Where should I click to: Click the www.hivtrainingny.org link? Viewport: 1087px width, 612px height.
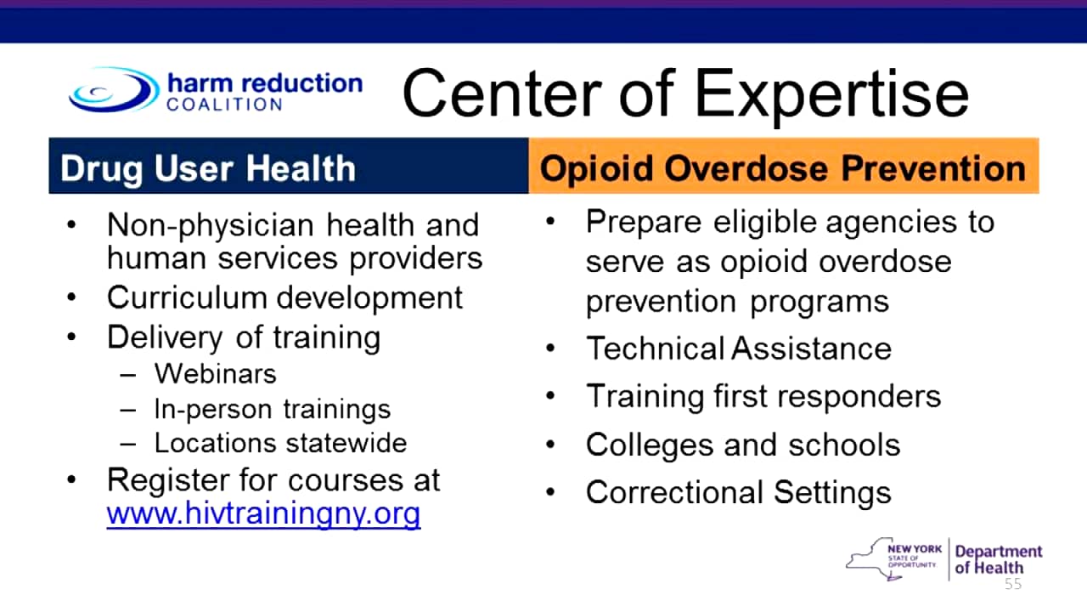[x=263, y=514]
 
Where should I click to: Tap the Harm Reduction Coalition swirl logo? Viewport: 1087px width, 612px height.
[x=113, y=89]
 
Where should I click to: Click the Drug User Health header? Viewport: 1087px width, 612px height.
[x=208, y=168]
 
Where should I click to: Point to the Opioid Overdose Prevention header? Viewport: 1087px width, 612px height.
[x=782, y=168]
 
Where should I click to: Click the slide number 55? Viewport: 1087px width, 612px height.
[x=1013, y=584]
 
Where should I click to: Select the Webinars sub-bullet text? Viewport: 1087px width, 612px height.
[x=216, y=373]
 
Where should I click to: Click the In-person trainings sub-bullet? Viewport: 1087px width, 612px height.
[x=273, y=409]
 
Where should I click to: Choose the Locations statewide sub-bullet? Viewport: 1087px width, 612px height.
[x=280, y=443]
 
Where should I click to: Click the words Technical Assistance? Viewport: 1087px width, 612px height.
[x=739, y=348]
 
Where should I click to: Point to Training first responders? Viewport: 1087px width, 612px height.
[x=763, y=397]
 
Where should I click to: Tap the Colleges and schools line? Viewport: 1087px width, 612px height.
[x=743, y=445]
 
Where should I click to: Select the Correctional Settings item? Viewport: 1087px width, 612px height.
[x=739, y=492]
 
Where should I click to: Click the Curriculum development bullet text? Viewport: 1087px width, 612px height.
[x=285, y=297]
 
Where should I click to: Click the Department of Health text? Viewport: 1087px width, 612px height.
[x=998, y=559]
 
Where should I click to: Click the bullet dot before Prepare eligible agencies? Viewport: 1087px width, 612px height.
[x=551, y=222]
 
